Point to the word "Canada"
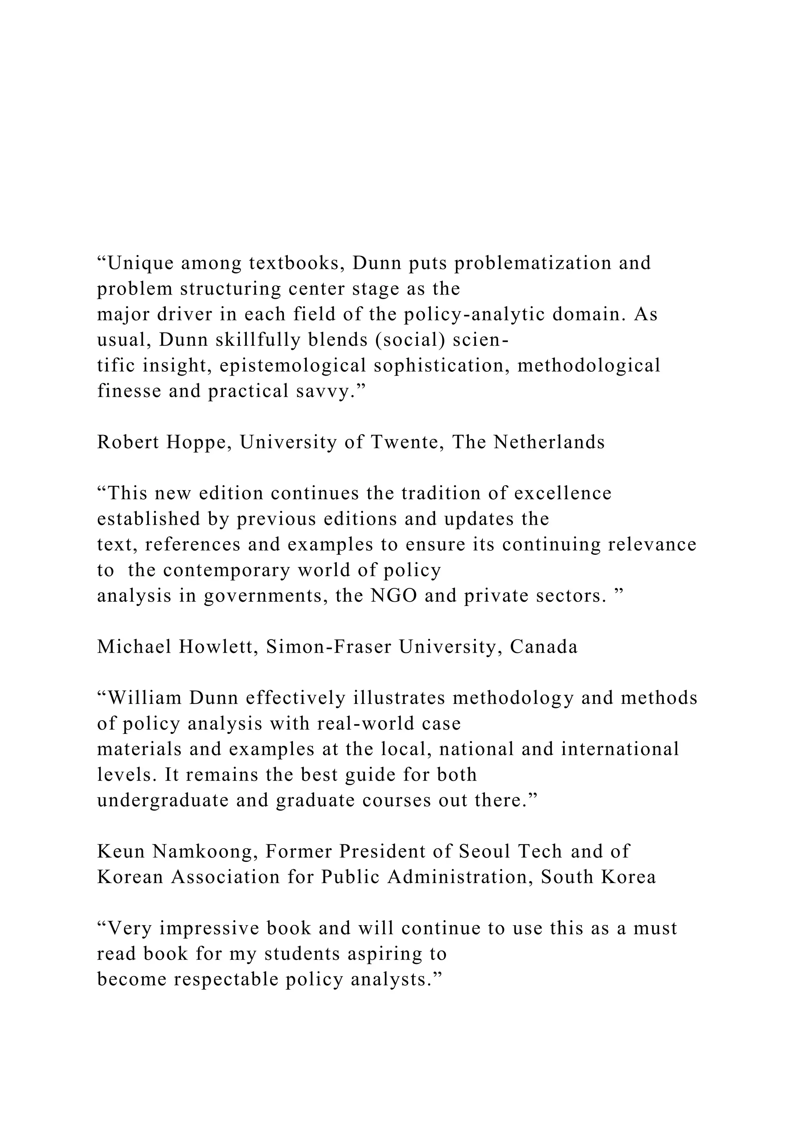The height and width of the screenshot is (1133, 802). click(x=544, y=647)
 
